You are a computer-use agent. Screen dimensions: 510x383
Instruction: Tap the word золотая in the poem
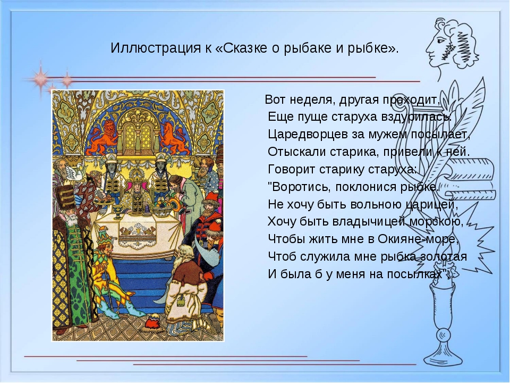(444, 257)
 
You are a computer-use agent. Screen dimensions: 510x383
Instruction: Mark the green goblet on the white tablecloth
(118, 212)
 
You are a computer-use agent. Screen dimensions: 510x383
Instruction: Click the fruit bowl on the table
(162, 209)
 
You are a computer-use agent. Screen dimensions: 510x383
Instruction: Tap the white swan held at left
(73, 172)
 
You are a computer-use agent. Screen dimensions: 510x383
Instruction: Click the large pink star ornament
(41, 79)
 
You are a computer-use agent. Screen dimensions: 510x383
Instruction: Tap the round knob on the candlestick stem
(443, 335)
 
